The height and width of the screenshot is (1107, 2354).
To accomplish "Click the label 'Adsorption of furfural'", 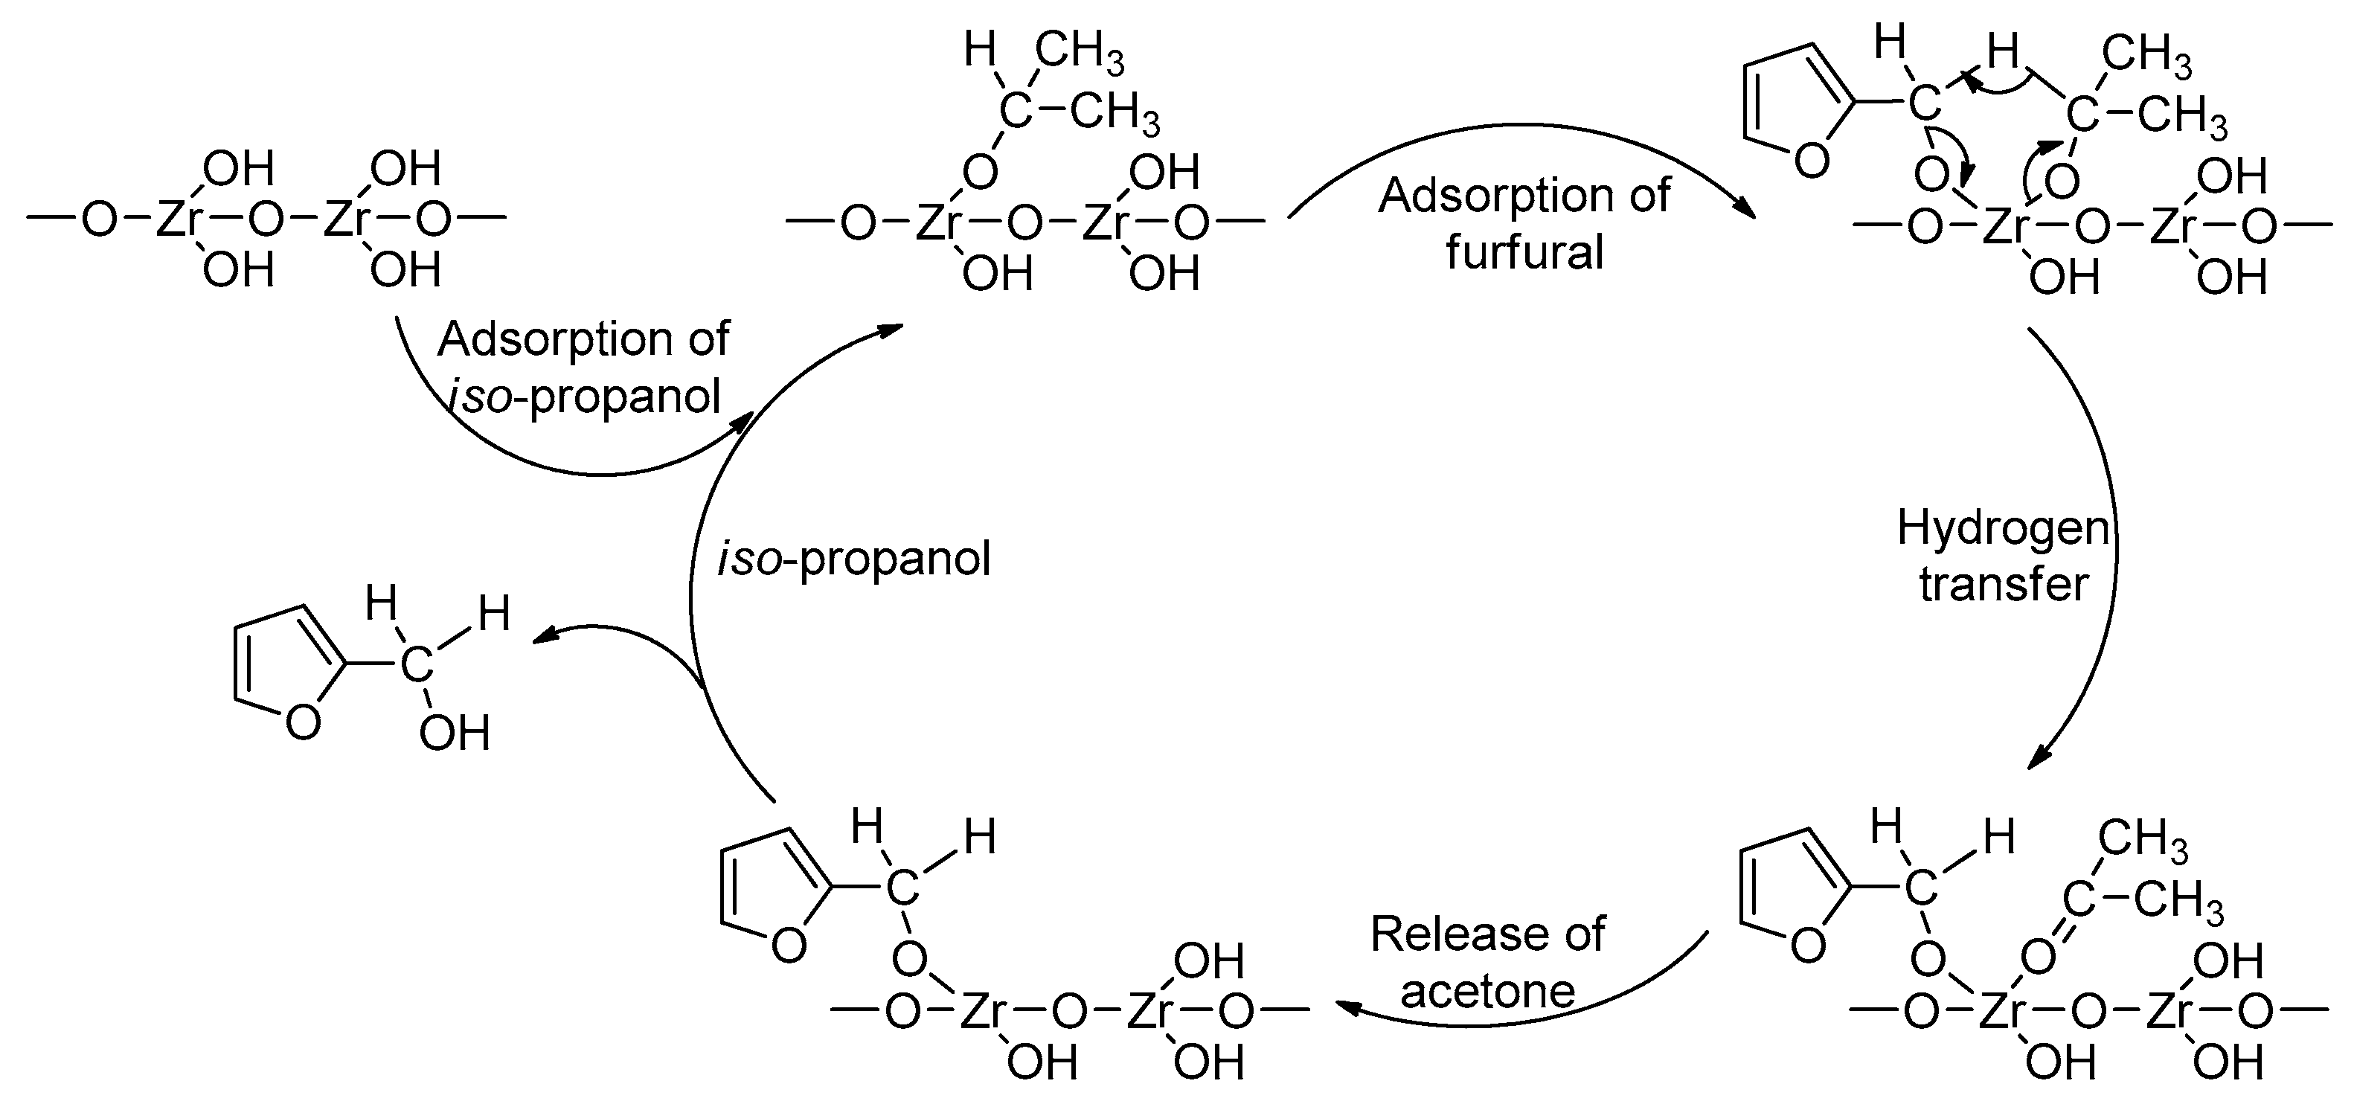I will click(1524, 223).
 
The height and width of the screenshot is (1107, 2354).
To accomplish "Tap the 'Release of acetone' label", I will click(1488, 962).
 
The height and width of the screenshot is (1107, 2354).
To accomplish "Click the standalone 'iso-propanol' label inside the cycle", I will click(853, 558).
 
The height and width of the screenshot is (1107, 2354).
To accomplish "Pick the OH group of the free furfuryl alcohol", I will click(454, 733).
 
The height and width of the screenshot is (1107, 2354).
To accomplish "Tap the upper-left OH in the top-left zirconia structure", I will click(237, 169).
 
